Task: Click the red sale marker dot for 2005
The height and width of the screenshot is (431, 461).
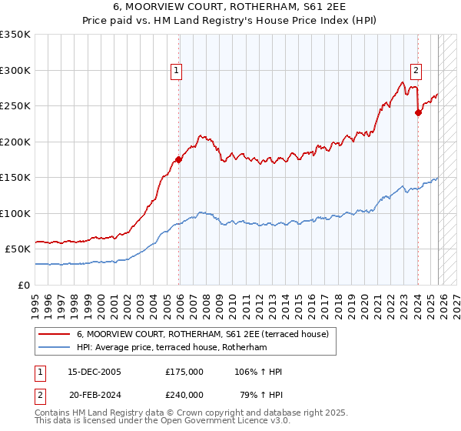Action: point(179,160)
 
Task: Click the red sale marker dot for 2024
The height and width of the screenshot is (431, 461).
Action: point(418,112)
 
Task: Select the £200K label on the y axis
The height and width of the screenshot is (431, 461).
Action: point(15,142)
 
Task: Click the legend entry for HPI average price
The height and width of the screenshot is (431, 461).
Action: point(171,348)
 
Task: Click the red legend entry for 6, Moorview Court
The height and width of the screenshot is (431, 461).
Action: point(202,334)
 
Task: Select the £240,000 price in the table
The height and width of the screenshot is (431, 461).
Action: point(184,393)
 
